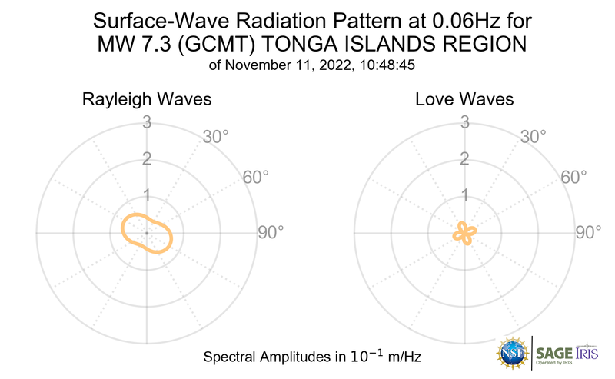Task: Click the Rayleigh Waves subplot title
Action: click(x=148, y=100)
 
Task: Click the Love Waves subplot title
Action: click(x=464, y=100)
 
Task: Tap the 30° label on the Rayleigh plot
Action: click(x=215, y=137)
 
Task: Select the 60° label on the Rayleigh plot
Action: click(x=256, y=178)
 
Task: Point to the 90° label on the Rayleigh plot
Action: click(x=271, y=232)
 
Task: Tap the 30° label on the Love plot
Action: click(x=534, y=137)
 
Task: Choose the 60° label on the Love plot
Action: click(x=574, y=178)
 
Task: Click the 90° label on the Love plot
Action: click(x=589, y=232)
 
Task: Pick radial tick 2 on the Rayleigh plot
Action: click(x=146, y=159)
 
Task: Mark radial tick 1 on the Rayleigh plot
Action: click(x=146, y=195)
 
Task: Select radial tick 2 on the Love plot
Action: click(x=464, y=159)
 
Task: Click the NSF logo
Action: click(x=510, y=352)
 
